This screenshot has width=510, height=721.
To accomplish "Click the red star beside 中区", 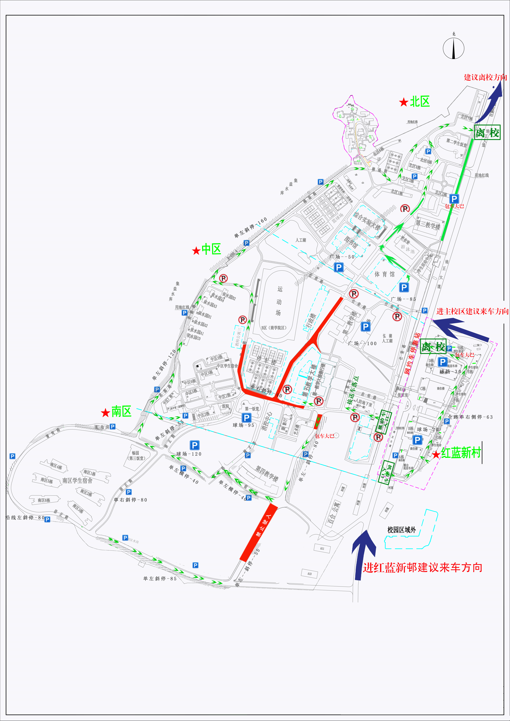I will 196,251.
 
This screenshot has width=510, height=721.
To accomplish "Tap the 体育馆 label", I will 385,274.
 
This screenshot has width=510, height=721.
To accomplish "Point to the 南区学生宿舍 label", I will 77,480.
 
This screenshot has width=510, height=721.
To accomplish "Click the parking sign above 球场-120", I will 194,445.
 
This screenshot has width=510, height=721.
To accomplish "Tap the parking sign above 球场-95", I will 247,418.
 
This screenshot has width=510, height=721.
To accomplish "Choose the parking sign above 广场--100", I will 365,327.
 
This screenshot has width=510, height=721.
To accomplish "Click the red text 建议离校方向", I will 485,77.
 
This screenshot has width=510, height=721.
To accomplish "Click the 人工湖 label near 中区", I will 301,240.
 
